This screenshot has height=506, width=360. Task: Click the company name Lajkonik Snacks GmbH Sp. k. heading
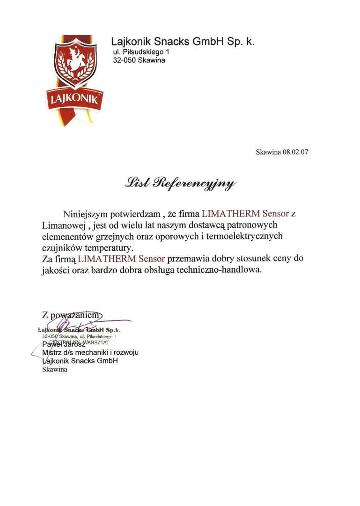[x=183, y=41]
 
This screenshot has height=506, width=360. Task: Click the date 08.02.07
[x=295, y=152]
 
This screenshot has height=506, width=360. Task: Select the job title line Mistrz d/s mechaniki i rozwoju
[x=90, y=352]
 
